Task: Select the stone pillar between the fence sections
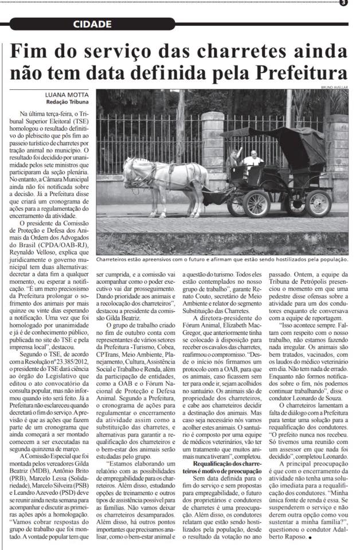(x=212, y=146)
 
